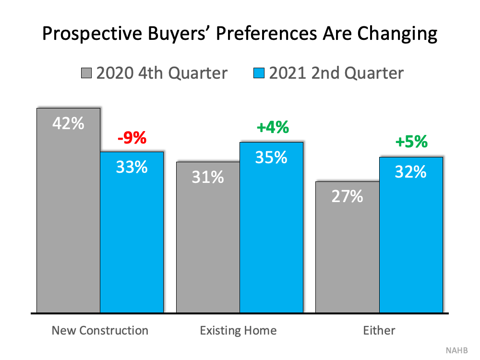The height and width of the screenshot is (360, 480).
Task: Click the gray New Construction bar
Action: coord(68,210)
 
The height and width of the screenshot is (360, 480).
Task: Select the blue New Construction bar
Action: coord(132,232)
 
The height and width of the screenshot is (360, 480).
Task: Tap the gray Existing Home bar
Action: coord(208,237)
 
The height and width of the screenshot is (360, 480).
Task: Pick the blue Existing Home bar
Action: coord(272,228)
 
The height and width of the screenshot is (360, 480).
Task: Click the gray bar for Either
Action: coord(348,247)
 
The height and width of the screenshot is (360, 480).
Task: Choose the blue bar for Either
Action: coord(411,235)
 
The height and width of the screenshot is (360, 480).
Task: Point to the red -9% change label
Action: coord(132,137)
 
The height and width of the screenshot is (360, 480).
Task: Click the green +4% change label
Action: coord(273,127)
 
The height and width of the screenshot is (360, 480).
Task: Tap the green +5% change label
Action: coord(411,142)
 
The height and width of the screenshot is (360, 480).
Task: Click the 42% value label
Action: coord(68,123)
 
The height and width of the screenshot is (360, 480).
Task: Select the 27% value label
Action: coord(347,196)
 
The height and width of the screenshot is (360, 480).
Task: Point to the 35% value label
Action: coord(271,157)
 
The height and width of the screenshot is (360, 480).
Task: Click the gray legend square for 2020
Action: coord(86,73)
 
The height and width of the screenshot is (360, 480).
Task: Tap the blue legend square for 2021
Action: coord(259,73)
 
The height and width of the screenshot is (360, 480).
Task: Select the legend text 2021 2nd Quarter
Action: coord(336,73)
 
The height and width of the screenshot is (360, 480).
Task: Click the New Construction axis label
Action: coord(100,331)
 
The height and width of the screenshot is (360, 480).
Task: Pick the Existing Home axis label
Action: coord(238,331)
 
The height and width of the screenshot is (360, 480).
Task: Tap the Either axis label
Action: coord(379,331)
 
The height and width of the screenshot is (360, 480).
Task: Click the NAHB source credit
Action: coord(457,350)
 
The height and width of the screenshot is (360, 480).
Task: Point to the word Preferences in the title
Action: coord(266,33)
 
